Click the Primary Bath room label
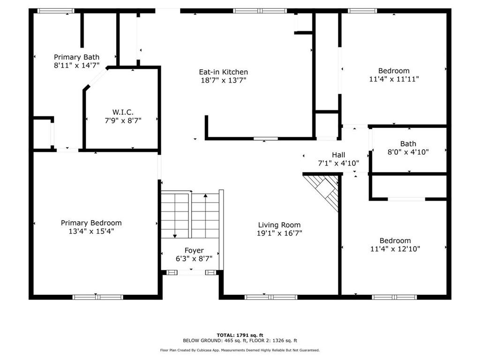click(x=76, y=57)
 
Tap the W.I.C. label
click(x=123, y=112)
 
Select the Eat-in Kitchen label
click(x=223, y=72)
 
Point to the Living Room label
click(x=279, y=225)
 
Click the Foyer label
click(x=194, y=250)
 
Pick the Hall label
click(x=338, y=155)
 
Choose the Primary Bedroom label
click(x=91, y=223)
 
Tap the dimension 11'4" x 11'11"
click(x=394, y=79)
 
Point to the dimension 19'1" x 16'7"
click(x=279, y=233)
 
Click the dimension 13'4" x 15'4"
click(x=91, y=231)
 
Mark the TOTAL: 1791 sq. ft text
click(x=240, y=335)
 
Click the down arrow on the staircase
click(x=175, y=234)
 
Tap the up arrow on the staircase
click(x=205, y=196)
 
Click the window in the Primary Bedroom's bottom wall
click(x=97, y=297)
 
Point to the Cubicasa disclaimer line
click(x=240, y=350)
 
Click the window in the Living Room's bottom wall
click(x=271, y=297)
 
